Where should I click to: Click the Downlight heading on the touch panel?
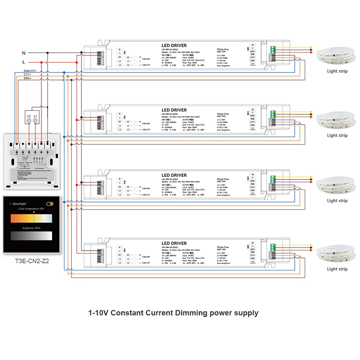point(21,203)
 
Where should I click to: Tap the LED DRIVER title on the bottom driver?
point(174,243)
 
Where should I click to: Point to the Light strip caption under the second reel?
point(337,135)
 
